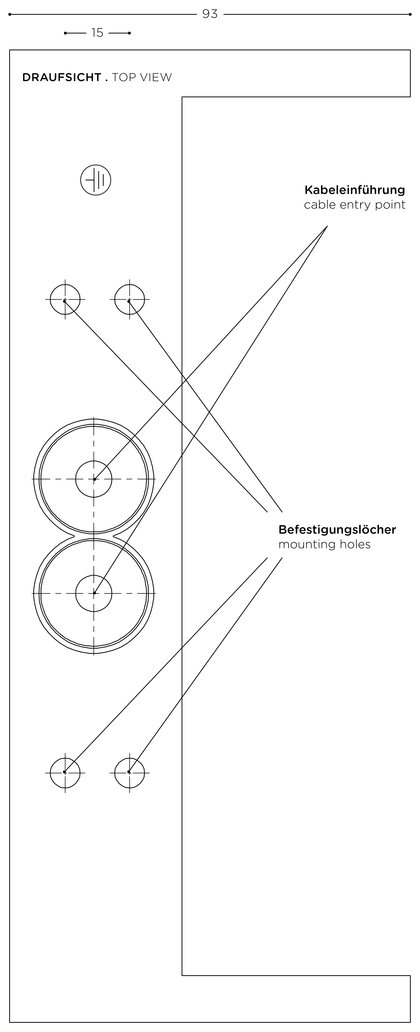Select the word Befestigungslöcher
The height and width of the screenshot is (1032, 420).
pyautogui.click(x=337, y=530)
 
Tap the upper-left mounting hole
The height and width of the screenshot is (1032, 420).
pyautogui.click(x=65, y=299)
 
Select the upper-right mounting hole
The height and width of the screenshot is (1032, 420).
pyautogui.click(x=129, y=299)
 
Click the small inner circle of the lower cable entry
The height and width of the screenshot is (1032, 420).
pyautogui.click(x=94, y=593)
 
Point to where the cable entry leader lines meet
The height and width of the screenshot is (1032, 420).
pyautogui.click(x=327, y=226)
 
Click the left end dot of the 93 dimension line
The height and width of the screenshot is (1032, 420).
pyautogui.click(x=10, y=14)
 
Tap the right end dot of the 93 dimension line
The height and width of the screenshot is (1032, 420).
pyautogui.click(x=410, y=14)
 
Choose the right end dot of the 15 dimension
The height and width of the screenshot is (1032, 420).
pyautogui.click(x=129, y=33)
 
